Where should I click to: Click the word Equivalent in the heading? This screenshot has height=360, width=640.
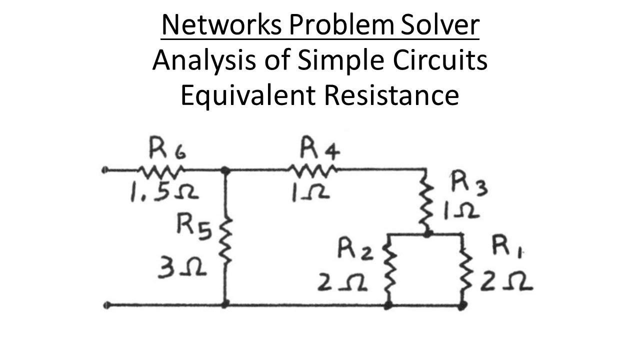(248, 95)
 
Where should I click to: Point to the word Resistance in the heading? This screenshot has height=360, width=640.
(391, 95)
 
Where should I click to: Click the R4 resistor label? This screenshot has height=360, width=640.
(319, 148)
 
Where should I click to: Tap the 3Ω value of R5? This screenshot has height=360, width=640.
(182, 270)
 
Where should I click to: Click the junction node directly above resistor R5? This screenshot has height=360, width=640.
(225, 170)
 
